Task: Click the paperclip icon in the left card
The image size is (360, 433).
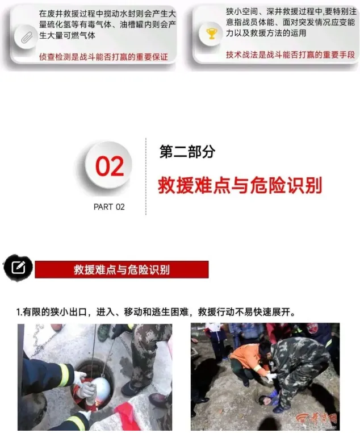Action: pos(27,38)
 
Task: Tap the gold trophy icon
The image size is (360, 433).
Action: pos(211,34)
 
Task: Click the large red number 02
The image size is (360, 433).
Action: pos(110,166)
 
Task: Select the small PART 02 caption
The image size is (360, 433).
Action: pos(109,207)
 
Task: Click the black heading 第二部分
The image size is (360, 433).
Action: pos(187,151)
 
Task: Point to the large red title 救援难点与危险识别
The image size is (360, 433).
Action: pos(240,185)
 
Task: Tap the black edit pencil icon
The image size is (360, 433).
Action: pos(18,267)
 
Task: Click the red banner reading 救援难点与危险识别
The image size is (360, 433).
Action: pos(122,269)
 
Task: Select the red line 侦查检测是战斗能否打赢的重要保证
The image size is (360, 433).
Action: pos(103,57)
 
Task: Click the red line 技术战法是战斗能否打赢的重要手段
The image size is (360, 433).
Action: pos(290,55)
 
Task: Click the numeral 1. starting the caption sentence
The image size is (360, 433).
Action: pos(19,312)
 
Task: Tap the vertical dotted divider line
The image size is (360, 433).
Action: pos(146,176)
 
